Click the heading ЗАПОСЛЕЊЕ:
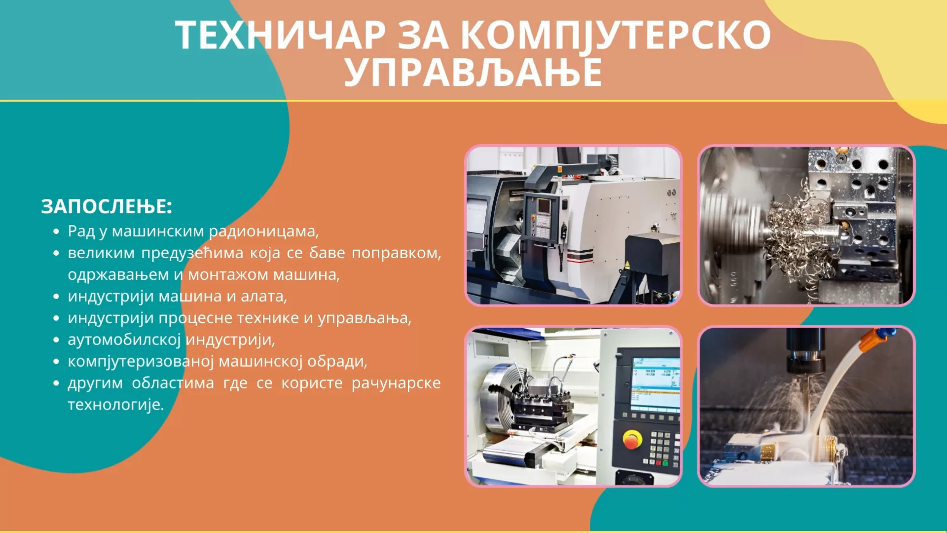[x=107, y=206]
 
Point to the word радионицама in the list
[x=264, y=231]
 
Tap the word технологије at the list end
[x=115, y=405]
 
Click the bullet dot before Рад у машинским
[x=57, y=231]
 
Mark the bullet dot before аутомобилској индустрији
[x=57, y=340]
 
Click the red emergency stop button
[x=632, y=439]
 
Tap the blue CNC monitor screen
[x=656, y=384]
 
